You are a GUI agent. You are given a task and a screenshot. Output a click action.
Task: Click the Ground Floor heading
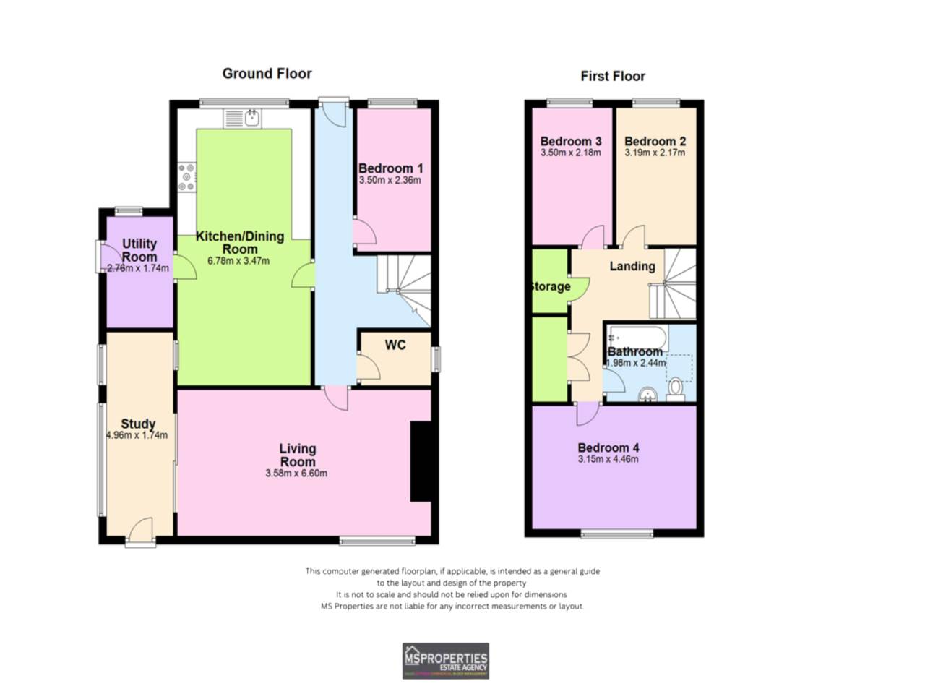click(x=267, y=74)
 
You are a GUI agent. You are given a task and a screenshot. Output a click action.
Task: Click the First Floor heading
click(x=612, y=77)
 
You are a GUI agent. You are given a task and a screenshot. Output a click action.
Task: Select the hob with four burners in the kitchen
click(x=187, y=177)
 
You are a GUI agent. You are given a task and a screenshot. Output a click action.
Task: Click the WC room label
click(x=395, y=346)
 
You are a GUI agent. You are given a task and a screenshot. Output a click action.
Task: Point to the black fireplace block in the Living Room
click(x=420, y=461)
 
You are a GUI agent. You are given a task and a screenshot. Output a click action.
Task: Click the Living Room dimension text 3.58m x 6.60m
click(x=296, y=474)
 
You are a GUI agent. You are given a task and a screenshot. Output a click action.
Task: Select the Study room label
click(x=138, y=424)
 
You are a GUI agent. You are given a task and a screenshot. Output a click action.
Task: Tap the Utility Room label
click(x=139, y=250)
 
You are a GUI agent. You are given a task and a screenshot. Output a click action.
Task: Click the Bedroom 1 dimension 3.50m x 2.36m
click(x=390, y=180)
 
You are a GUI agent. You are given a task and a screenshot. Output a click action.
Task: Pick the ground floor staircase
click(x=403, y=289)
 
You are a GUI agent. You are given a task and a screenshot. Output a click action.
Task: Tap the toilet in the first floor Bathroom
click(x=676, y=389)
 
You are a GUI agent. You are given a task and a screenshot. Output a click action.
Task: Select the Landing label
click(x=632, y=266)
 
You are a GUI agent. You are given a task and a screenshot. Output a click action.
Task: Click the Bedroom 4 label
click(x=608, y=447)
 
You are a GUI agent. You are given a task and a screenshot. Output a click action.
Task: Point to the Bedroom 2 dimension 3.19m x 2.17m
click(x=655, y=153)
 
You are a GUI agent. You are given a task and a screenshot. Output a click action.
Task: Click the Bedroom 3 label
click(x=571, y=141)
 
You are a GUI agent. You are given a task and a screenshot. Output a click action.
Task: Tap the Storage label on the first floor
click(x=550, y=286)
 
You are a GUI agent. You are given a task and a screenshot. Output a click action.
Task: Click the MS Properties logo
click(x=445, y=661)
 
